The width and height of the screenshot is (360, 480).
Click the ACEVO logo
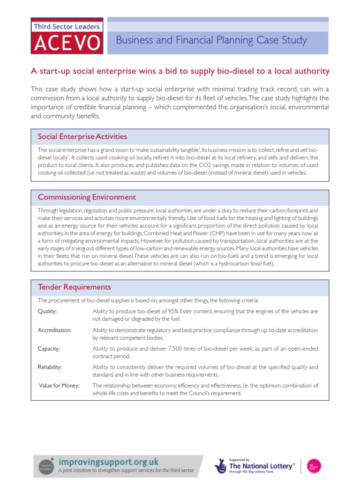[67, 43]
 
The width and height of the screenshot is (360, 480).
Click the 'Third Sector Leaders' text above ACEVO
[67, 27]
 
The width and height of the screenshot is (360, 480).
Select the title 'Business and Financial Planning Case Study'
[211, 40]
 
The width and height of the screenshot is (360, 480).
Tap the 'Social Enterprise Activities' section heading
[82, 136]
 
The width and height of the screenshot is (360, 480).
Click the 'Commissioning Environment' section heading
[87, 197]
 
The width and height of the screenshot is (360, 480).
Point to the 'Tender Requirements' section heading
[74, 287]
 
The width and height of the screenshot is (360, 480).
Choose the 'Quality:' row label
[47, 311]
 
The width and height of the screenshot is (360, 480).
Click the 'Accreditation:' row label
[54, 330]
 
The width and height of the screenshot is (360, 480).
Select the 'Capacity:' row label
[49, 349]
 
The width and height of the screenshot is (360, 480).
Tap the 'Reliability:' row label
[50, 367]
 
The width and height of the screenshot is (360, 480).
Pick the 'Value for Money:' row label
[59, 386]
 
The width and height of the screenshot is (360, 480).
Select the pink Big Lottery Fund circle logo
[314, 465]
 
